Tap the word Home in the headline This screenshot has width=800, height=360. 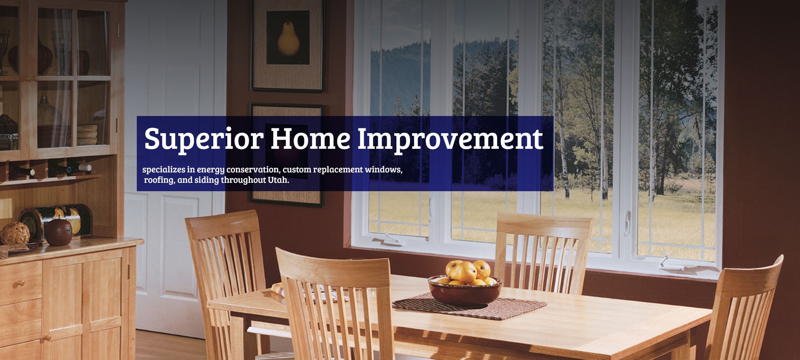[x=311, y=138]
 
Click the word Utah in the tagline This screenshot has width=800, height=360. [x=278, y=180]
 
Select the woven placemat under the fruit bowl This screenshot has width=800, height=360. [x=470, y=306]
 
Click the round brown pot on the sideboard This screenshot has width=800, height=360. [x=58, y=232]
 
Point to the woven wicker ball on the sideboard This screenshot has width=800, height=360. [x=15, y=233]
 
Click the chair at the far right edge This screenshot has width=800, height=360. [x=744, y=308]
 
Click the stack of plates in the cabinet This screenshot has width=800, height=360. [x=87, y=135]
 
